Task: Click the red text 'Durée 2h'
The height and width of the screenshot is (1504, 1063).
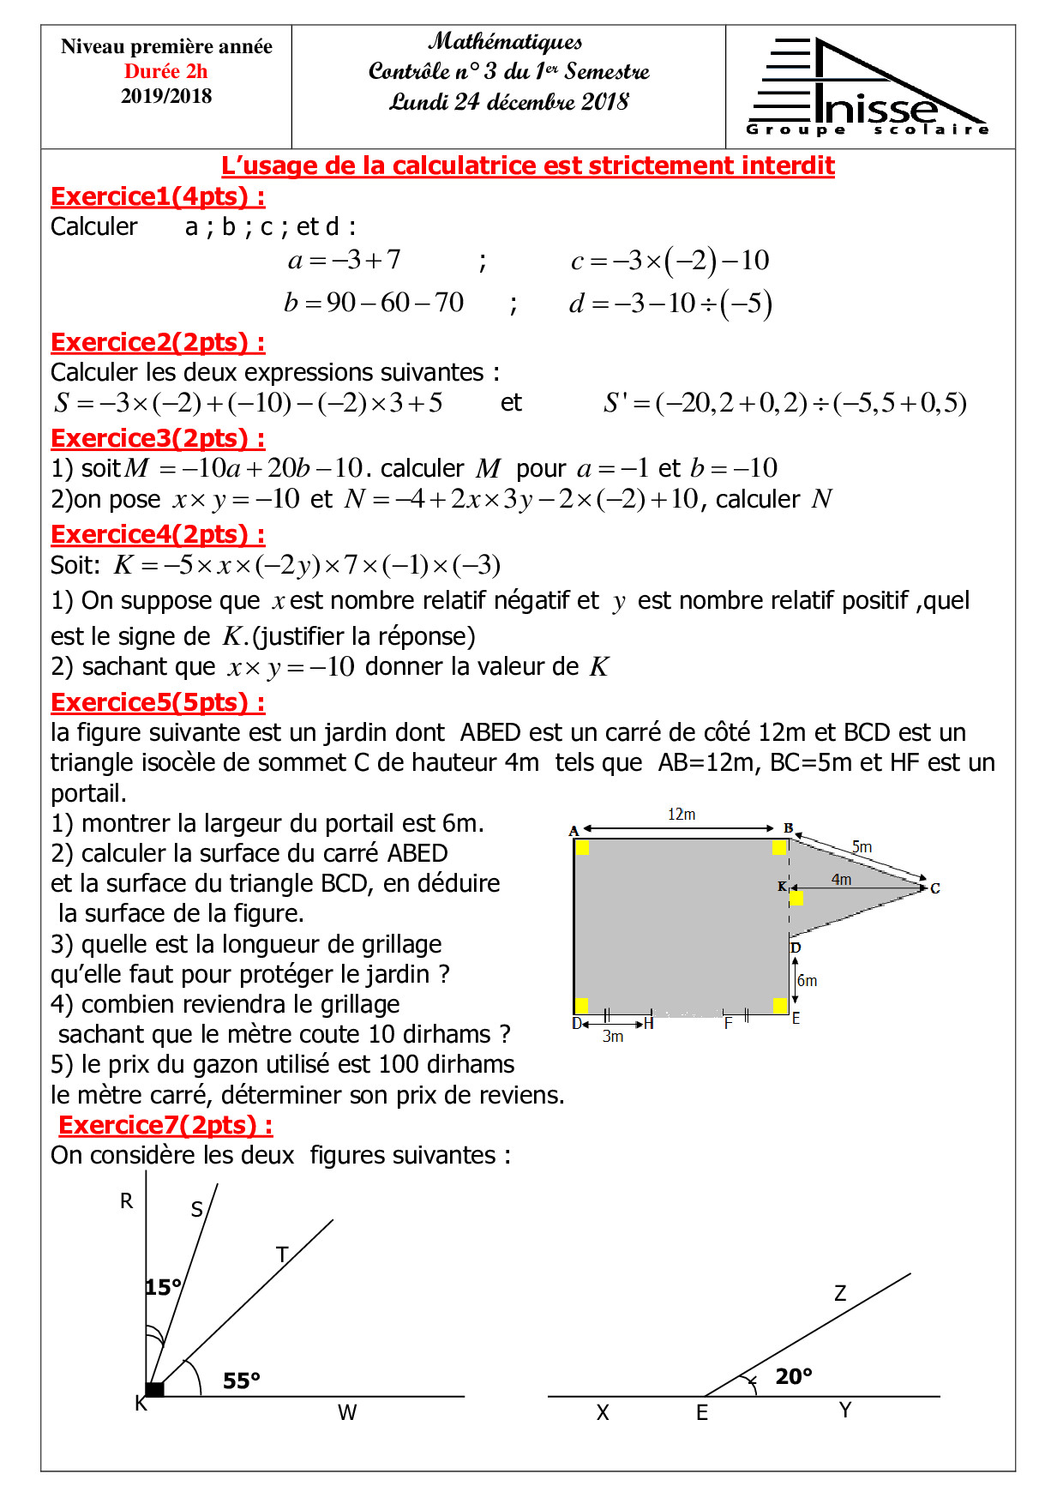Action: click(165, 71)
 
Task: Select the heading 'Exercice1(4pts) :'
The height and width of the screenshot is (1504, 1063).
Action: click(158, 197)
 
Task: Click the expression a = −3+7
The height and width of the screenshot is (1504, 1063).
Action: click(344, 260)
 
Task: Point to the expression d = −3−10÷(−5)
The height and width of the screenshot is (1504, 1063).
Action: click(670, 304)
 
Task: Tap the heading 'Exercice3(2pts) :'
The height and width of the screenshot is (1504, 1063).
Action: click(158, 439)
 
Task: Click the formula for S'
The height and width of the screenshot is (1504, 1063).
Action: click(784, 403)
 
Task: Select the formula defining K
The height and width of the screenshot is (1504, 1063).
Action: click(307, 565)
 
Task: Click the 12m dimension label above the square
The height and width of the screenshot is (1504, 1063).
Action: click(682, 815)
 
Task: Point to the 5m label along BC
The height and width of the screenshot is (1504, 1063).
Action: click(862, 847)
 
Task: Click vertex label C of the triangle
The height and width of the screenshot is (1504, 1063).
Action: click(935, 888)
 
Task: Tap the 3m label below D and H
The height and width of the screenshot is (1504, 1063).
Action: click(612, 1037)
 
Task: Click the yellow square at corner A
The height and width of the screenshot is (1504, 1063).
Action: click(582, 848)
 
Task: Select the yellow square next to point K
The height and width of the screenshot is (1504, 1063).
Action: click(796, 898)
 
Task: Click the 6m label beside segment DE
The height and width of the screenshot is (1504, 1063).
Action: click(808, 981)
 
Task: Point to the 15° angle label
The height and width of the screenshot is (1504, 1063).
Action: click(163, 1288)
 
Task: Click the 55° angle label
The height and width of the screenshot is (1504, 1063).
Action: click(241, 1381)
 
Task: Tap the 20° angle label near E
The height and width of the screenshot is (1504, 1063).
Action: click(793, 1377)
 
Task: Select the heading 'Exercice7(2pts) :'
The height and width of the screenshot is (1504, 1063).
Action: click(165, 1126)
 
